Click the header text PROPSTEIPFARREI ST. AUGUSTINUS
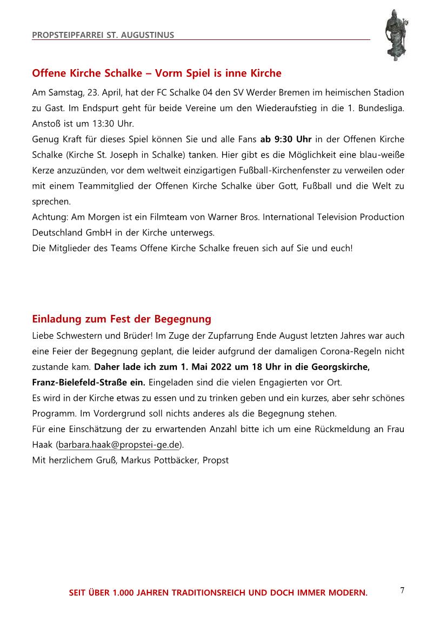click(103, 35)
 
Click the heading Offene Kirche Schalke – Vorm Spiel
click(157, 73)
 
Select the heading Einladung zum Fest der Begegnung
click(122, 319)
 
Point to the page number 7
click(402, 590)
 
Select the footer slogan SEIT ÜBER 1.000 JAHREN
click(218, 593)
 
